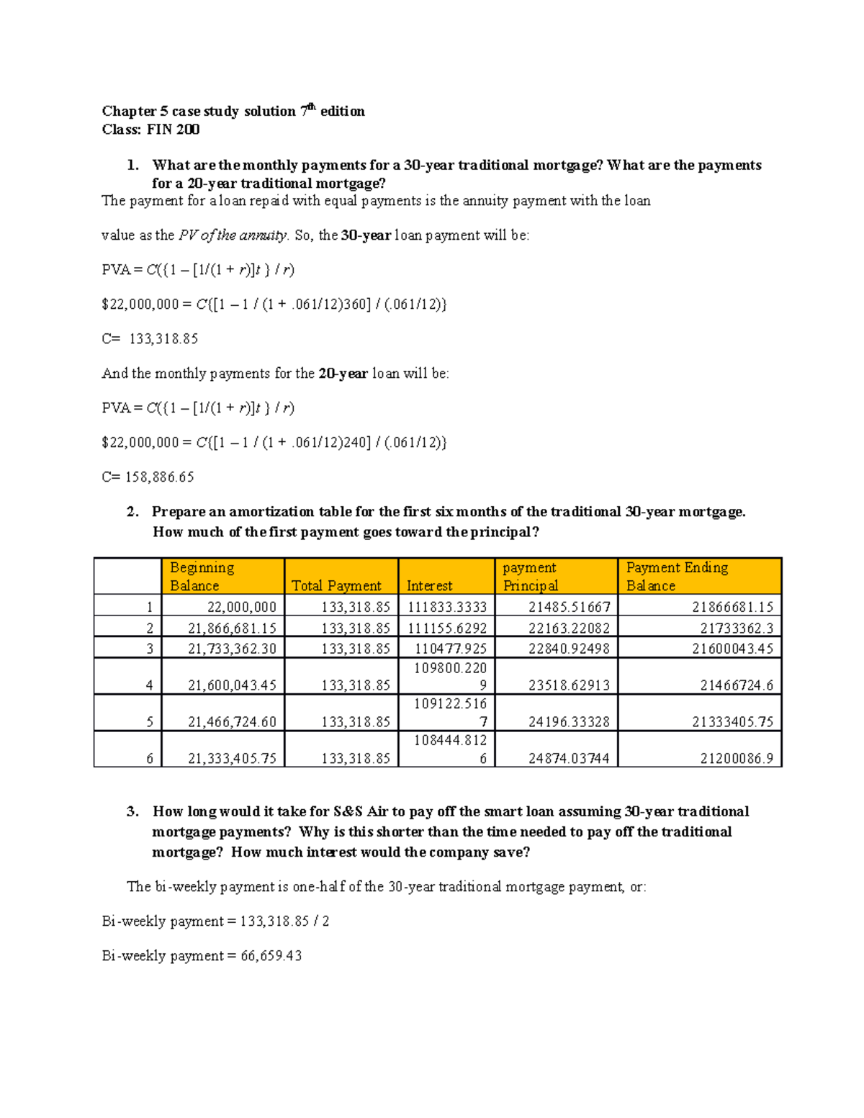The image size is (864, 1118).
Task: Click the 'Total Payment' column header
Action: tap(336, 585)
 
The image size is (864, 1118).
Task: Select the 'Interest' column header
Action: tap(429, 585)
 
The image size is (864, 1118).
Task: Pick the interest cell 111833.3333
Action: tap(447, 607)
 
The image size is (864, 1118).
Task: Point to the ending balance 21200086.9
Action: tap(737, 758)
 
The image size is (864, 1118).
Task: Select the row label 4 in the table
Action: tap(149, 685)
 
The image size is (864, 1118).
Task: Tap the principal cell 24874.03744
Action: tap(569, 758)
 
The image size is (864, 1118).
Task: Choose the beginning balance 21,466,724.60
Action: tap(232, 722)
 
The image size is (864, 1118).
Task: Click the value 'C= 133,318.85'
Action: tap(150, 338)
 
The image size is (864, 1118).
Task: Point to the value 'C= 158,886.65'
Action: tap(148, 477)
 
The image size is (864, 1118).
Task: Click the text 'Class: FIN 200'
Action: tap(150, 130)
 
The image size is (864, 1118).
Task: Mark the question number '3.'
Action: tap(132, 811)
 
